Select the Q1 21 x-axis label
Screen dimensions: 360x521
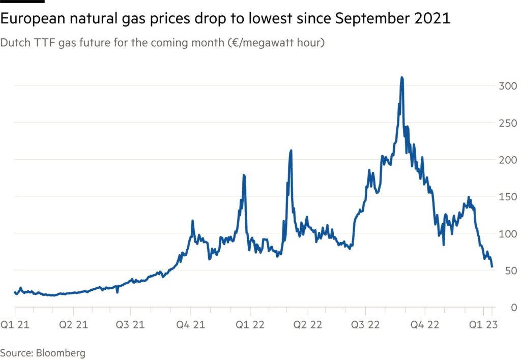(x=15, y=325)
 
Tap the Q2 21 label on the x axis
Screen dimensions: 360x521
(x=73, y=325)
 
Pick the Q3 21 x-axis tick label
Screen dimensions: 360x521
(x=131, y=325)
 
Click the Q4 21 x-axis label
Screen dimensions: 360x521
(x=190, y=325)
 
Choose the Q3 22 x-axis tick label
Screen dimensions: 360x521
(x=366, y=325)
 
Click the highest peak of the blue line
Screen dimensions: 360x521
(x=402, y=78)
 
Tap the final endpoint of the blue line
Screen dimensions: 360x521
(x=492, y=266)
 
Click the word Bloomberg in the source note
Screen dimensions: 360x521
(x=60, y=352)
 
